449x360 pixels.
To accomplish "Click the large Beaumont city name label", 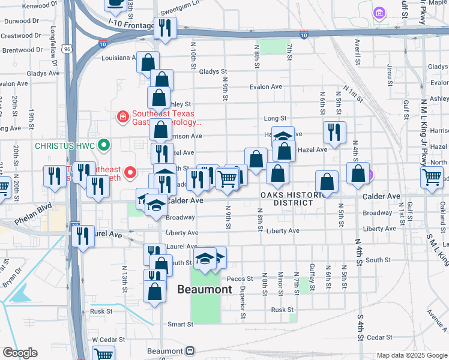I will (205, 289).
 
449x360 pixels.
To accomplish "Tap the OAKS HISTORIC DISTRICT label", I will (287, 199).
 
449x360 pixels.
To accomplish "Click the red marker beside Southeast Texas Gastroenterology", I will (122, 116).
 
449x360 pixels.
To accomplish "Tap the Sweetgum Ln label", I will (179, 11).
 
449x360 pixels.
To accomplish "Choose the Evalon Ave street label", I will (266, 86).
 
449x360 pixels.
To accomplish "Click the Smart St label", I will (180, 324).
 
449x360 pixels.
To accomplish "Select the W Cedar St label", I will (103, 340).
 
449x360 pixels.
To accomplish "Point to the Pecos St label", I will (239, 279).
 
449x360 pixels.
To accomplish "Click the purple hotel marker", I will (379, 13).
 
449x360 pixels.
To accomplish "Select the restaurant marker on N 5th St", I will (334, 133).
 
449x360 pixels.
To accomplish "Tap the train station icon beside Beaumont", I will (191, 350).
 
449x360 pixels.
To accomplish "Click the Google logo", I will (20, 353).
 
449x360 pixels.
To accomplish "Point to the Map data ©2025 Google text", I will (411, 355).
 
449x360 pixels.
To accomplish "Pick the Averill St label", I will (357, 52).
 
